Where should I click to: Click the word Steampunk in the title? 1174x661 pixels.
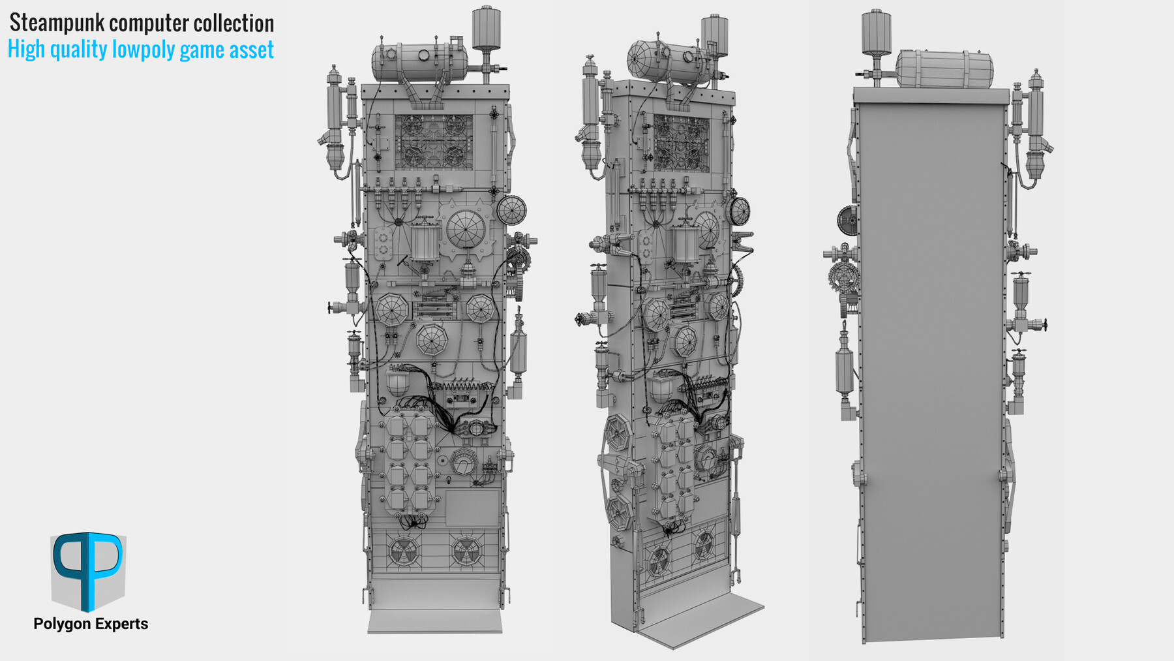tap(57, 23)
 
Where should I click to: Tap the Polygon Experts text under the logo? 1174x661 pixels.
tap(91, 624)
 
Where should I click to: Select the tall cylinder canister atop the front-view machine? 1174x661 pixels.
tap(486, 27)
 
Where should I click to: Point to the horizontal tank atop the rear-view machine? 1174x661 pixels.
tap(944, 69)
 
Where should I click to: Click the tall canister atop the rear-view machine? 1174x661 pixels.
tap(876, 31)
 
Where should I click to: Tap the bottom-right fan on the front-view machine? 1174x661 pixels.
tap(467, 551)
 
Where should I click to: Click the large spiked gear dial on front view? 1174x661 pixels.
tap(466, 230)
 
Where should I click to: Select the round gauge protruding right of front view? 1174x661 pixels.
tap(511, 209)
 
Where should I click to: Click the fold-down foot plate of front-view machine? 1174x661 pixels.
tap(435, 620)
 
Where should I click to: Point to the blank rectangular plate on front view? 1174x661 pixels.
tap(472, 508)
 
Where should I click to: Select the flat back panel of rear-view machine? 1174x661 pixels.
tap(931, 365)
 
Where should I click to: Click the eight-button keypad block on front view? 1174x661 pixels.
tap(409, 464)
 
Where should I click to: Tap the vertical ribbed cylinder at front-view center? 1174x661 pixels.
tap(423, 241)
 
